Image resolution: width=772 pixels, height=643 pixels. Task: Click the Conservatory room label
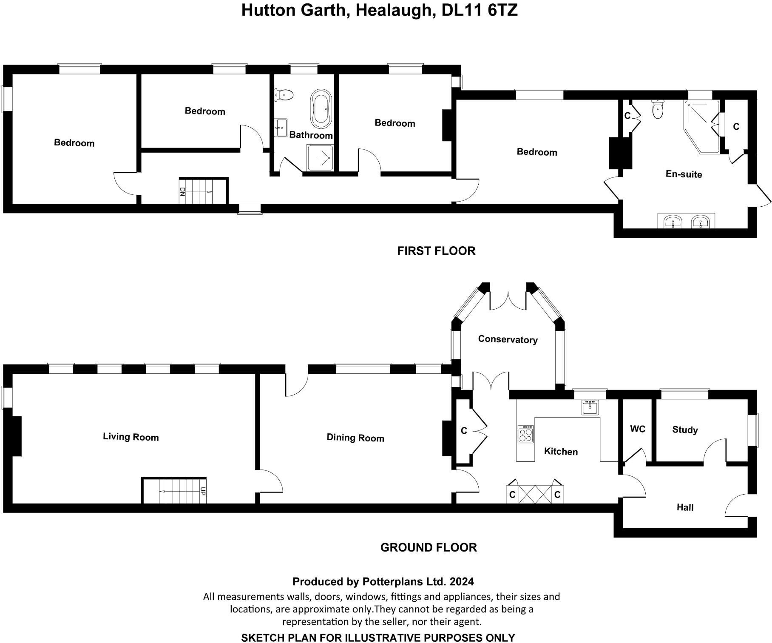click(508, 339)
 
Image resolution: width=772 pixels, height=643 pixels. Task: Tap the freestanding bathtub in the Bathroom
click(321, 108)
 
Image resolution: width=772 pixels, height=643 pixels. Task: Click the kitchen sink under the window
click(590, 407)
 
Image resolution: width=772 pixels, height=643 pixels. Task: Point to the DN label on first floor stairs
click(182, 191)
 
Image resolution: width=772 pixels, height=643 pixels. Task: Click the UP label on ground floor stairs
click(203, 491)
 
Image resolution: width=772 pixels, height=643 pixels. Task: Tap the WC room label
click(637, 429)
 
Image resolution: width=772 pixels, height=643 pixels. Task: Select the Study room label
click(685, 430)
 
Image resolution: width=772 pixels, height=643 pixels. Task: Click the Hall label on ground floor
click(685, 507)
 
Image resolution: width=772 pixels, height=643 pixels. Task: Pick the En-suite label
click(684, 174)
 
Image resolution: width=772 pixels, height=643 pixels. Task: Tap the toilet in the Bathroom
click(284, 94)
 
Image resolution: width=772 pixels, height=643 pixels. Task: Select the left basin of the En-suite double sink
click(673, 222)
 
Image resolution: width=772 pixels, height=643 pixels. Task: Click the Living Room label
click(131, 437)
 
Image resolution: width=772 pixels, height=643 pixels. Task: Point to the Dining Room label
click(355, 438)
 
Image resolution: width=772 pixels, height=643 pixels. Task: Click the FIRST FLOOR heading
click(436, 251)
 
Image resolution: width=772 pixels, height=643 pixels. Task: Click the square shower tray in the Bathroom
click(320, 158)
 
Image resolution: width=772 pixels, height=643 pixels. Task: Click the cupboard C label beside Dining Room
click(464, 431)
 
